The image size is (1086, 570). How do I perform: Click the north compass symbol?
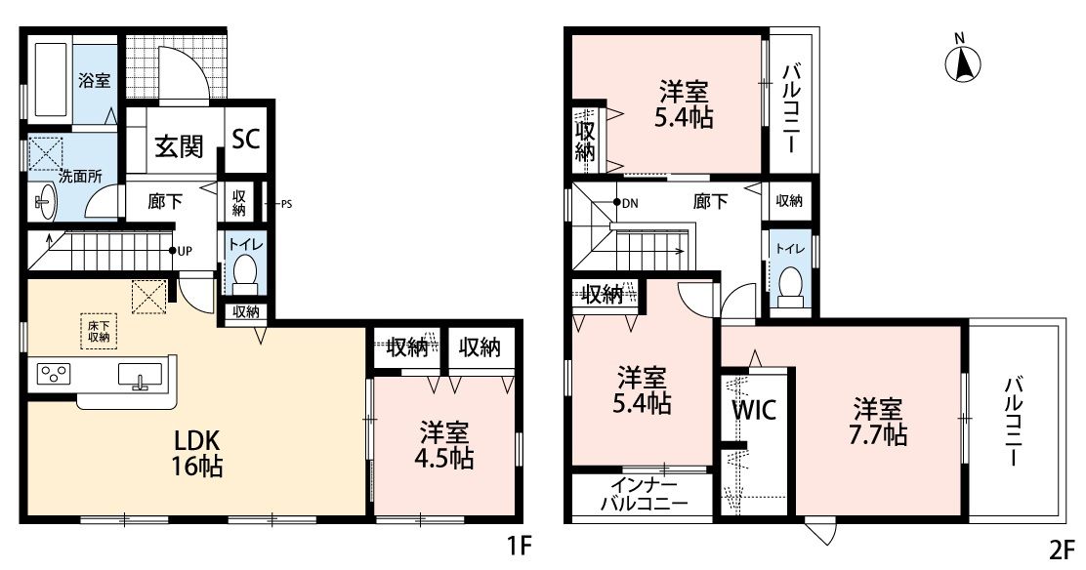pyautogui.click(x=963, y=62)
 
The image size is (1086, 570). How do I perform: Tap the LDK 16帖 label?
pyautogui.click(x=196, y=453)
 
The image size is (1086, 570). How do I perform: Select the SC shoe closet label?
pyautogui.click(x=245, y=139)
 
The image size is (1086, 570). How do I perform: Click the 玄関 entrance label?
pyautogui.click(x=179, y=146)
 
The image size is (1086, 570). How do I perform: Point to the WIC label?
pyautogui.click(x=754, y=410)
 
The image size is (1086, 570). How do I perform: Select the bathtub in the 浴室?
pyautogui.click(x=50, y=80)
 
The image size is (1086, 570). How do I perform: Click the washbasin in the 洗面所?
pyautogui.click(x=44, y=201)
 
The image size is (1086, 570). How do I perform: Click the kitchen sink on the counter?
pyautogui.click(x=141, y=375)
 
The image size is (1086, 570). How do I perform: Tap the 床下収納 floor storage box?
pyautogui.click(x=99, y=331)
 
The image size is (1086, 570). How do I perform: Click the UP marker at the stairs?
pyautogui.click(x=181, y=251)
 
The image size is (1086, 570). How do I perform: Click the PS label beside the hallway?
pyautogui.click(x=287, y=204)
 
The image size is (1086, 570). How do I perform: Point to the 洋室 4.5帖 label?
pyautogui.click(x=445, y=446)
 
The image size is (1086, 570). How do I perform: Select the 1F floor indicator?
pyautogui.click(x=519, y=548)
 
